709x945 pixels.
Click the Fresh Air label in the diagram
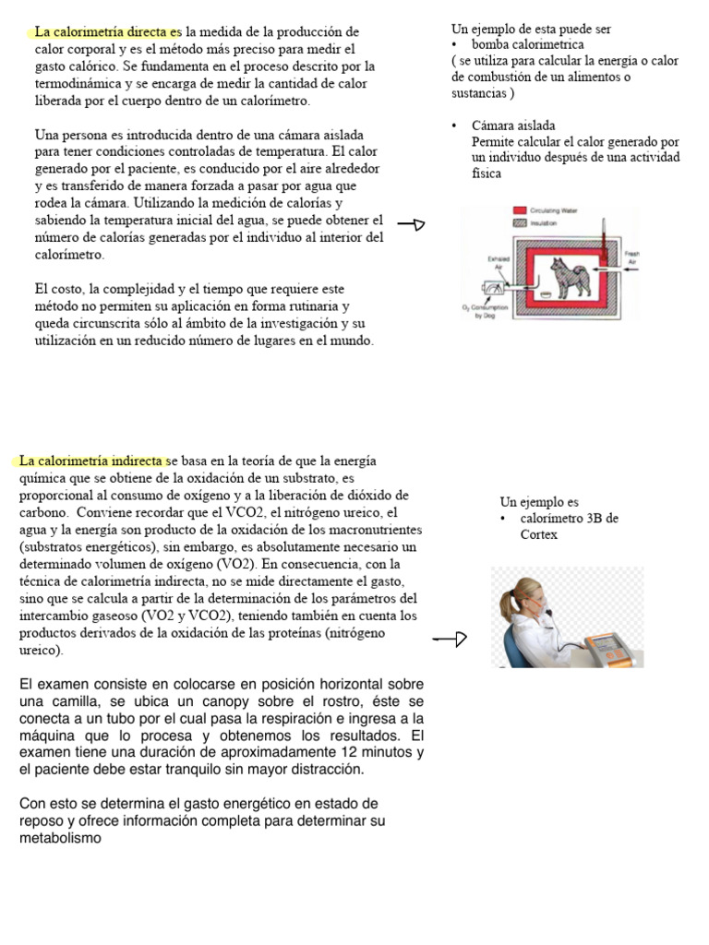coord(632,258)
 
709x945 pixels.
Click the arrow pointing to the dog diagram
coord(411,223)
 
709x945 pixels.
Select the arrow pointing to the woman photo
coord(450,639)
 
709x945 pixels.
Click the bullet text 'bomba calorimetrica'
coord(527,44)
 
